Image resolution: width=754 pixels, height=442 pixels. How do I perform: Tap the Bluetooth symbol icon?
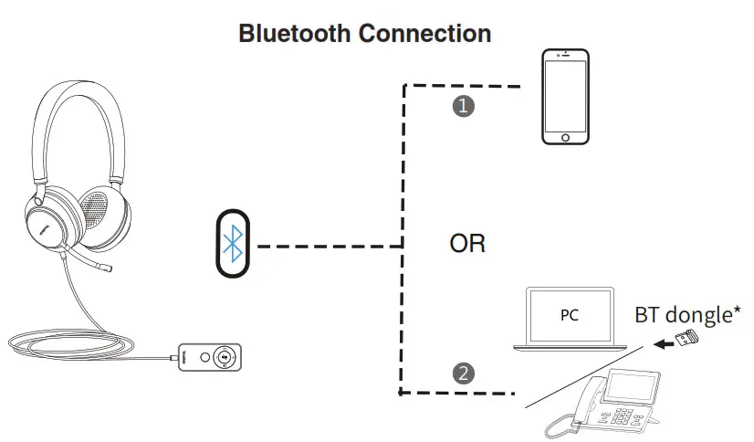234,244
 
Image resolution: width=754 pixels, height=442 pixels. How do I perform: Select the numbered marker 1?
465,106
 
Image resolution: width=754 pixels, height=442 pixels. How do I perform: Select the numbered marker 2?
465,373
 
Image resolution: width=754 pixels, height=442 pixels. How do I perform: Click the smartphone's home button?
565,137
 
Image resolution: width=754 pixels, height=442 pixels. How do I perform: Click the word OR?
466,245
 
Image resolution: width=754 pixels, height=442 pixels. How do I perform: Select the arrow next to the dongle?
661,345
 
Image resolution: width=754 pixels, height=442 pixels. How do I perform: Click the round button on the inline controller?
223,358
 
